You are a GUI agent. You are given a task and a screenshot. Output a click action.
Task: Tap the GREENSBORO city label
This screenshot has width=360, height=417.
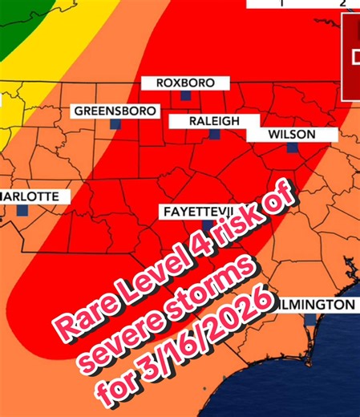(116, 111)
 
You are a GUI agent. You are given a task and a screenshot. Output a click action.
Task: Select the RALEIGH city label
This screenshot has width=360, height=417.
(214, 120)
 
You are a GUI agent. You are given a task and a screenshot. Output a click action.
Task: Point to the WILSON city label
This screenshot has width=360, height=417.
(292, 134)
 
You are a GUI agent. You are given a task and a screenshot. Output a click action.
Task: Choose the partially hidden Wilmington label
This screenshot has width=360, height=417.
(317, 305)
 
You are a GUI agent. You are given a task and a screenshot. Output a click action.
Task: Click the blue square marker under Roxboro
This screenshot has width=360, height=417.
(185, 95)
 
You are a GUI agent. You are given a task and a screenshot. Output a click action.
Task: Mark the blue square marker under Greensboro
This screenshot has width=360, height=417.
(115, 124)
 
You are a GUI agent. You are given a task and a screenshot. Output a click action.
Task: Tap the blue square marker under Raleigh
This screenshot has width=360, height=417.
(214, 134)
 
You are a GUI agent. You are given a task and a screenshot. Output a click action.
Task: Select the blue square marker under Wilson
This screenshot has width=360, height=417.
(292, 148)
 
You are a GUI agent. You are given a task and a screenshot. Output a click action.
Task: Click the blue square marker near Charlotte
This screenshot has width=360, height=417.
(22, 209)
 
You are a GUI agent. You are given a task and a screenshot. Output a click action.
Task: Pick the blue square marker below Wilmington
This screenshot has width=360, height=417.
(309, 318)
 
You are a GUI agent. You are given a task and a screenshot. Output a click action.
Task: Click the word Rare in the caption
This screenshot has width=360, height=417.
(79, 313)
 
